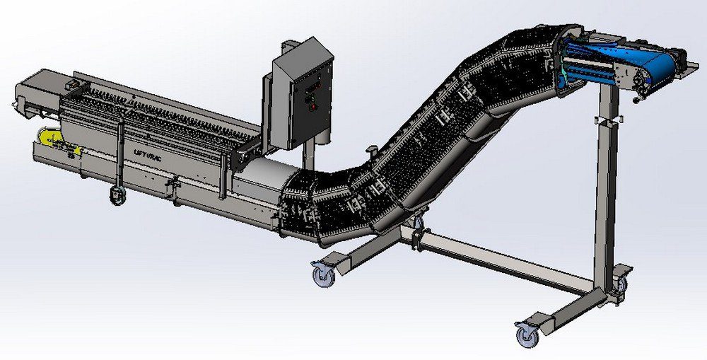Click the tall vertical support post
point(603,191)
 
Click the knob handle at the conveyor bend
point(370,151)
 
